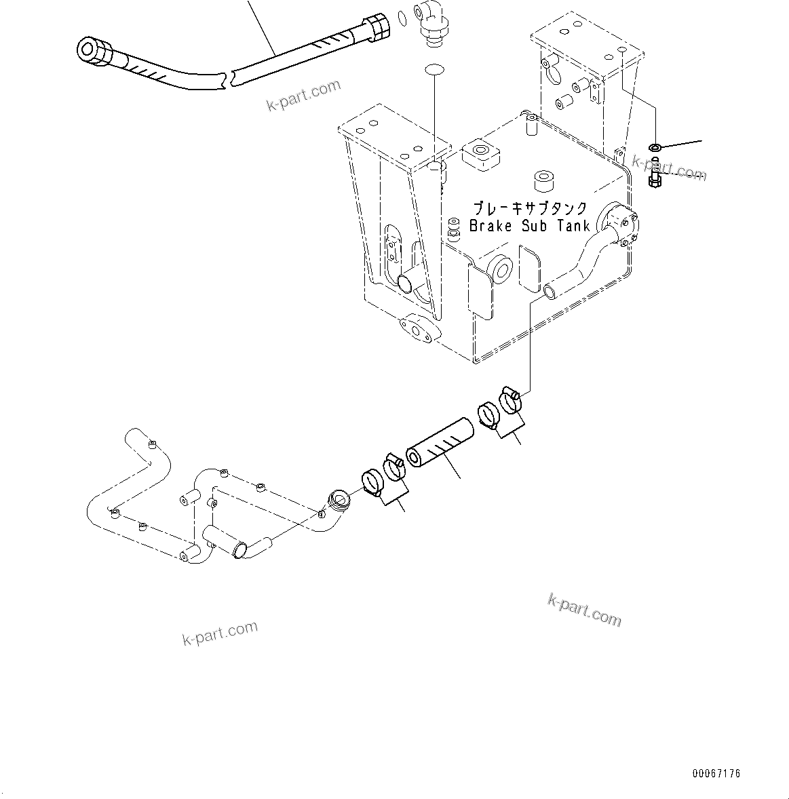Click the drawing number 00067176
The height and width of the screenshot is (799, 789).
[x=716, y=773]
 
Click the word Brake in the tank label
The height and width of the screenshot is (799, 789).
[x=490, y=227]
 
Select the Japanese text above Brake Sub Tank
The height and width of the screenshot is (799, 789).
[x=529, y=209]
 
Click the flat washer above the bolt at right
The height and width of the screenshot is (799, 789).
[x=655, y=147]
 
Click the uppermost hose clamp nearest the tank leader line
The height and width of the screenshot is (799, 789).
[x=510, y=400]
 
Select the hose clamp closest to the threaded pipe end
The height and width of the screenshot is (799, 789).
[x=370, y=482]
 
